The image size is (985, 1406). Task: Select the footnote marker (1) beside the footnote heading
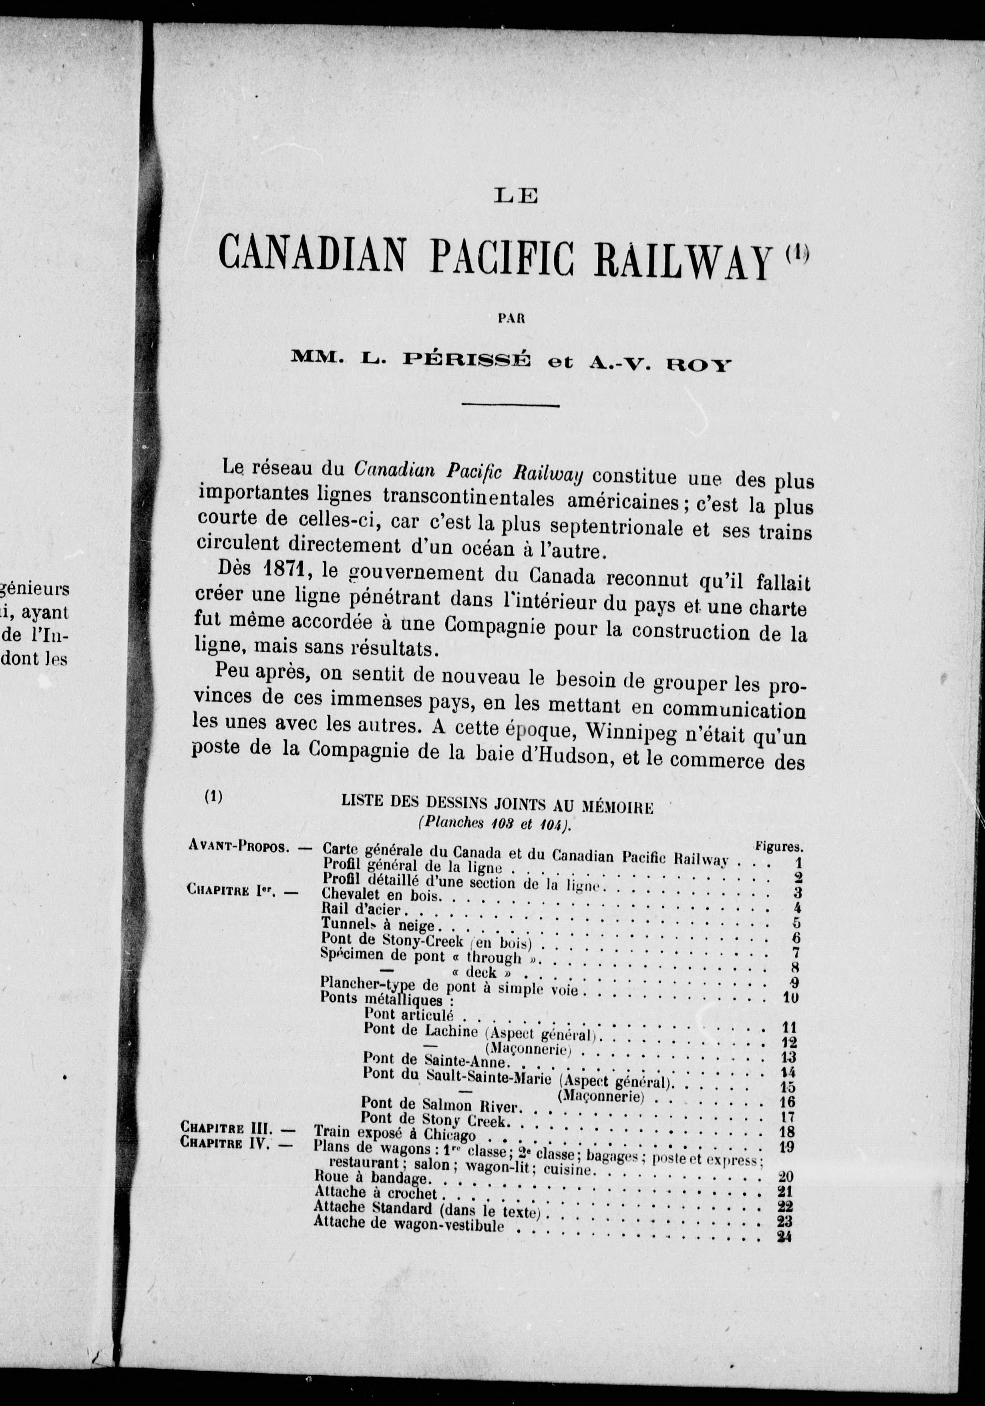[213, 797]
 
